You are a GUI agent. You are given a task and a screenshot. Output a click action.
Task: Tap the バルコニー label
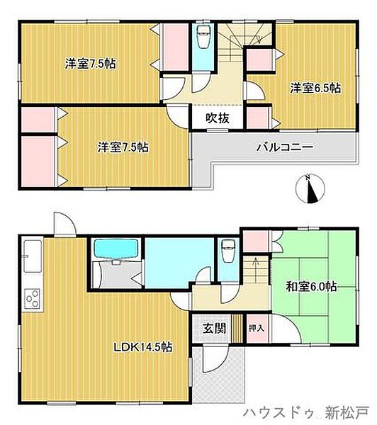tap(284, 148)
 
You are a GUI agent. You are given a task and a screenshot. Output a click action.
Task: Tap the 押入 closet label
tap(257, 328)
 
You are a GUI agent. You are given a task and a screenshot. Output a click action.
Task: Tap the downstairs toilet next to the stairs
tap(227, 251)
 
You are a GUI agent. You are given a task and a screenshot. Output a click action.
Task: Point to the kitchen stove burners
tap(32, 299)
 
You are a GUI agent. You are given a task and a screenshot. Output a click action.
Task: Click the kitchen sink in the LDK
tap(31, 256)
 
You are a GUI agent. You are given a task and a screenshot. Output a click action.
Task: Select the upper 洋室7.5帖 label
tap(91, 63)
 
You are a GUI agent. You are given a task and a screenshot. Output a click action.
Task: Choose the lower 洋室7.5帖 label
tap(123, 147)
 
